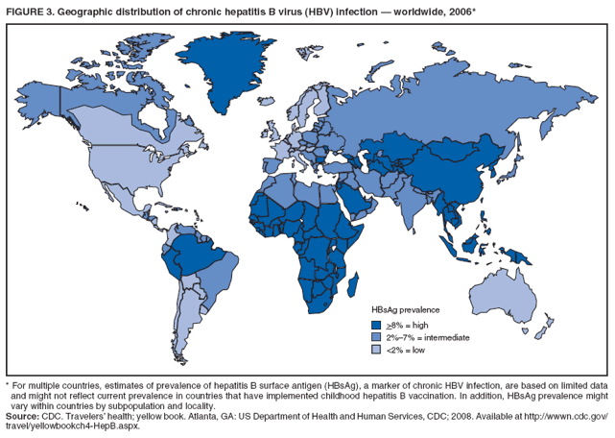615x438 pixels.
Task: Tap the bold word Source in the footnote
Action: (x=24, y=415)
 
